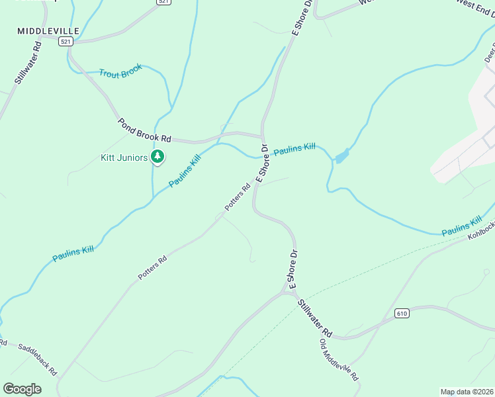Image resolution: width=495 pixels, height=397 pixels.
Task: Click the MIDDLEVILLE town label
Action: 48,31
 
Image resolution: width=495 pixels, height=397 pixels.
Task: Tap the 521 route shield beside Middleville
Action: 65,41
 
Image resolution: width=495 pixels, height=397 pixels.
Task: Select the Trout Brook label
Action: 121,73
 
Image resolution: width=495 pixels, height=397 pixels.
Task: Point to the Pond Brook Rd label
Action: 144,130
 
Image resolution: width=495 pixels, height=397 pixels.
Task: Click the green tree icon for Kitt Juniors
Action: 157,157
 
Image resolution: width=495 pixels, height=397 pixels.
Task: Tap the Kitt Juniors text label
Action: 124,157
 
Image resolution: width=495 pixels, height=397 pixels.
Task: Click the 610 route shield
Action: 401,312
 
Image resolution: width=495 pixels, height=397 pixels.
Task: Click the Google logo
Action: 22,389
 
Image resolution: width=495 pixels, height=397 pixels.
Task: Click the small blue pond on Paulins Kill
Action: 341,157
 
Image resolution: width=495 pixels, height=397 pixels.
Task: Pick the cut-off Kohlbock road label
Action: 481,228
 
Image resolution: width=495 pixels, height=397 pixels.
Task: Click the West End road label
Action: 474,8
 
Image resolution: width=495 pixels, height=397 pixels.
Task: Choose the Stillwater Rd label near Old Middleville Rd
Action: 314,317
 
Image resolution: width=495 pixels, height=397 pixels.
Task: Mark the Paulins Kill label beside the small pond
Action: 294,150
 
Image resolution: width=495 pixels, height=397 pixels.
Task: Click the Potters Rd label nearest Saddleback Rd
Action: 152,266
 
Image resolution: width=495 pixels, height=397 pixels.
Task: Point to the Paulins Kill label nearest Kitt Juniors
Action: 185,171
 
